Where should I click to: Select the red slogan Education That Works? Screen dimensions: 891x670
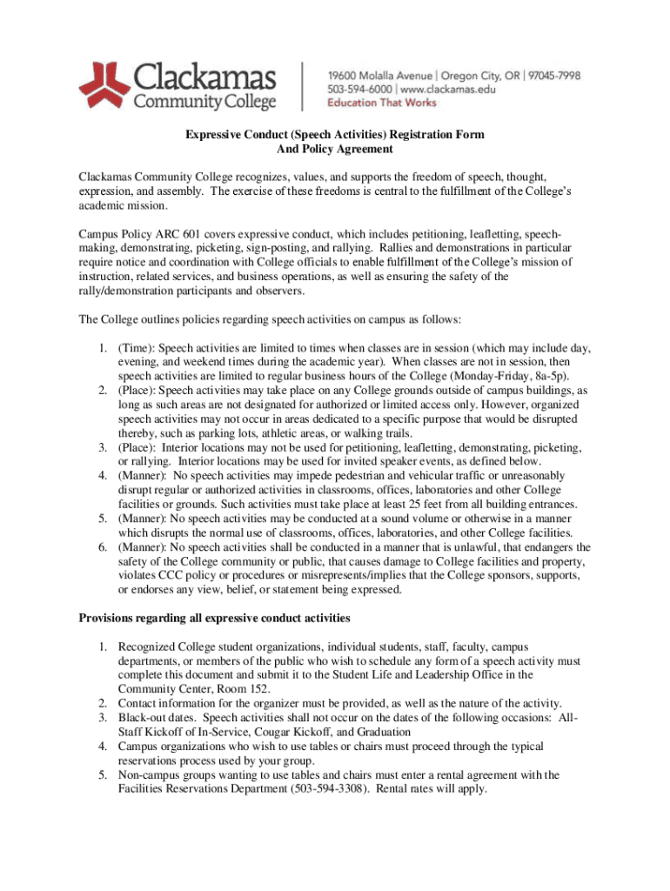[382, 103]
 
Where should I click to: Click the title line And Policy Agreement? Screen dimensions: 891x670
[334, 150]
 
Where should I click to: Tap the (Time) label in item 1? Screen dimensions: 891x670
[137, 347]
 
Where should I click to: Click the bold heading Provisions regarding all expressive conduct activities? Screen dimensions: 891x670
[214, 619]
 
